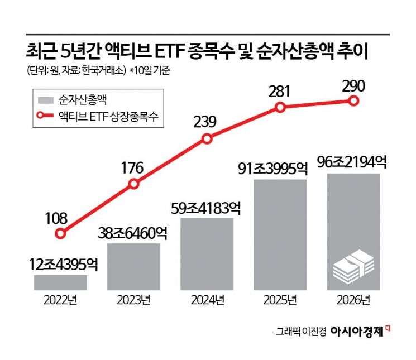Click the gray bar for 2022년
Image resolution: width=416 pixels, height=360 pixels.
point(60,282)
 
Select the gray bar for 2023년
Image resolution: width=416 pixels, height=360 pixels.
point(134,266)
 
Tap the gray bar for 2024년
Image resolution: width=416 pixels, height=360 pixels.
point(207,254)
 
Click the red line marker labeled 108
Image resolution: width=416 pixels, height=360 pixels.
point(61,234)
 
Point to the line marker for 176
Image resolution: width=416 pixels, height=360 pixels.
point(134,184)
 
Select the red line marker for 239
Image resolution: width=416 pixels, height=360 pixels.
point(207,138)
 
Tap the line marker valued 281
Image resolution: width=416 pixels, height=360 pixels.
point(280,107)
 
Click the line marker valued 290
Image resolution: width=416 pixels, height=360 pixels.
point(353,100)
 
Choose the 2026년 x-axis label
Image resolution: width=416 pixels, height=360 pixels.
point(353,303)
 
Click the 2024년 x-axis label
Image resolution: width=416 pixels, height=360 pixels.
point(207,303)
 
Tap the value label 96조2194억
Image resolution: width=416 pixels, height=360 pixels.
point(353,162)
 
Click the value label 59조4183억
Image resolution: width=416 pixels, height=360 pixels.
point(207,208)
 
